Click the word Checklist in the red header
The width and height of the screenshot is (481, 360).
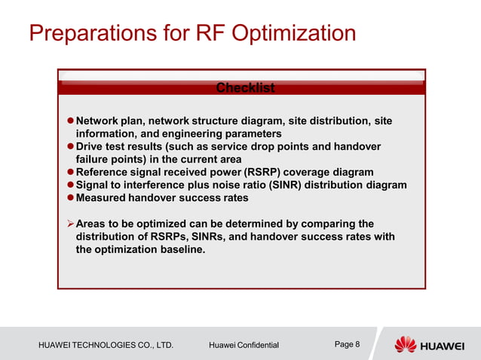[245, 88]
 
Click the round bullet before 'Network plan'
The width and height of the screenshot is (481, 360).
[69, 121]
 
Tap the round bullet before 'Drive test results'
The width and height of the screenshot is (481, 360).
[69, 147]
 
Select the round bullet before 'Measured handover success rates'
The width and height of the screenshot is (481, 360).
[69, 198]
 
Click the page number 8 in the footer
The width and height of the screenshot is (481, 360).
[357, 345]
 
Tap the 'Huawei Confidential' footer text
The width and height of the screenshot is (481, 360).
[244, 346]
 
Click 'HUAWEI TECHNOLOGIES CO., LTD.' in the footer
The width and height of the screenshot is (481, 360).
[106, 346]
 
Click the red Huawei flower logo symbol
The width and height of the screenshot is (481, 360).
[406, 345]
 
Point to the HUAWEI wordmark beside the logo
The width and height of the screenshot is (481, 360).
[443, 346]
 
